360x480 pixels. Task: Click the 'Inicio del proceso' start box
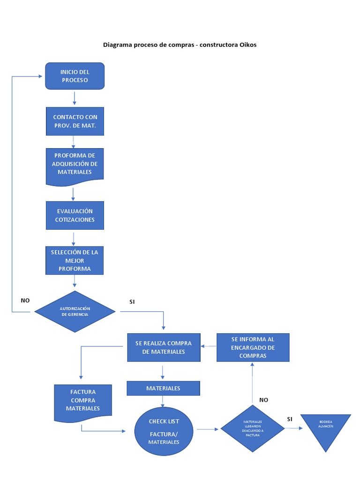coord(75,76)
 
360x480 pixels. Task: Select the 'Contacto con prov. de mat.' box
coord(75,121)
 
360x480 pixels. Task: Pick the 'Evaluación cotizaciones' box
coord(75,216)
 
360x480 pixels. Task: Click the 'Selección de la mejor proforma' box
coord(75,261)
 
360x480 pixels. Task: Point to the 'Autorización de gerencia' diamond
coord(75,311)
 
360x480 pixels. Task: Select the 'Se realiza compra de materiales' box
coord(164,347)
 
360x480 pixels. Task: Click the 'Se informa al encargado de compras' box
coord(253,347)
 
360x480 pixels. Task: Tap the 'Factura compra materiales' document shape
coord(83,400)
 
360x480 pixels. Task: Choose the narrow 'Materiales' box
coord(163,388)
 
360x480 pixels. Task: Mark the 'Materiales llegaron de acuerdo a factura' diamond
coord(253,428)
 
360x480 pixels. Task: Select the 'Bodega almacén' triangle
coord(326,428)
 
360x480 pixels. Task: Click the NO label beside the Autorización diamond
coord(25,300)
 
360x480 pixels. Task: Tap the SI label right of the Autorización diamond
coord(132,301)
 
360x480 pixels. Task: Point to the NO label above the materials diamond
coord(263,400)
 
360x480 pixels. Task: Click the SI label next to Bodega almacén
coord(290,419)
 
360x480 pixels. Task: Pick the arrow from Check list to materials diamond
coord(208,428)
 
